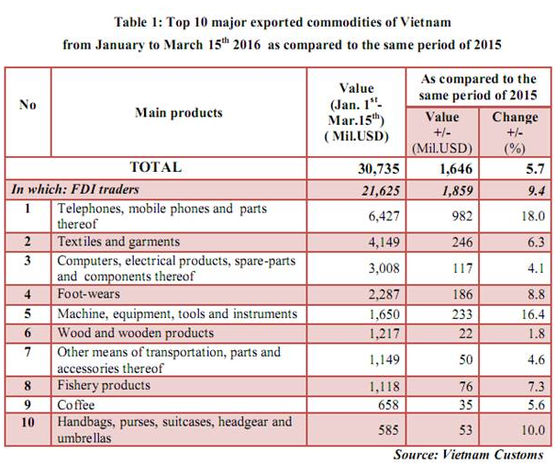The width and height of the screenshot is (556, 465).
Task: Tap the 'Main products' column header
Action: pyautogui.click(x=178, y=113)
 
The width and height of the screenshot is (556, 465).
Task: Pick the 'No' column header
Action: pyautogui.click(x=28, y=105)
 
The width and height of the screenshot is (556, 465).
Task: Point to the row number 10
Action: pyautogui.click(x=28, y=421)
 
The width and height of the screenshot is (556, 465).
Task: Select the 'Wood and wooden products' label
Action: pyautogui.click(x=135, y=333)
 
